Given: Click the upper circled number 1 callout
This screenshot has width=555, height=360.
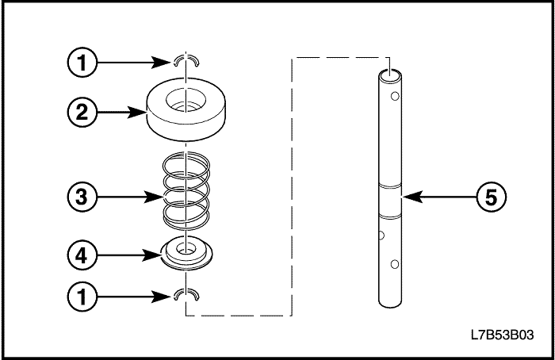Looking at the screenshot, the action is coord(82,63).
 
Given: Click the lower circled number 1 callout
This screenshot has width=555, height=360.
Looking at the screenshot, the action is coord(82,297).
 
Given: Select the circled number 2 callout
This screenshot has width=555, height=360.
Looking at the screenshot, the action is coord(82,113).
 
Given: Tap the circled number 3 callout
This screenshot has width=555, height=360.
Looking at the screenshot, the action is coord(82,197).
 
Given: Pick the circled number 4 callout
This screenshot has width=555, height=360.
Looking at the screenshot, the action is coord(82,255).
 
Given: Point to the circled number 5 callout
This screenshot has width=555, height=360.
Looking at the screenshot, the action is coord(492,197).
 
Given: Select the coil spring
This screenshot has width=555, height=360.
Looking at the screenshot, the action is coord(186,191).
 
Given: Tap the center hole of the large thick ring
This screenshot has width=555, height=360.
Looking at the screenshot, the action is coord(186,101).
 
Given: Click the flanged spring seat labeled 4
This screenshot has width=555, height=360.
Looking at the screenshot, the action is coord(186,253).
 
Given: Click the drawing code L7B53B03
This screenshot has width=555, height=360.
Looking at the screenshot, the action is coord(502,334).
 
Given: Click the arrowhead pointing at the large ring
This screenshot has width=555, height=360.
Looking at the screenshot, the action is coord(136,113).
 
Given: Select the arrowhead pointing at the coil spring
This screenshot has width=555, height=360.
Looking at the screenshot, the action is coord(153,197).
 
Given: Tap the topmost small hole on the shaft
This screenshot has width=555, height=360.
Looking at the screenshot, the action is coord(395,96).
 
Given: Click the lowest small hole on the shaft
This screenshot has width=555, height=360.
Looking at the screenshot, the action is coord(395,264).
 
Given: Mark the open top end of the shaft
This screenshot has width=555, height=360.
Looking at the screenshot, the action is coord(390,75).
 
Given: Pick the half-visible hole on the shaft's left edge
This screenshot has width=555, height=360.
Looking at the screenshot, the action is coord(381,235).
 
